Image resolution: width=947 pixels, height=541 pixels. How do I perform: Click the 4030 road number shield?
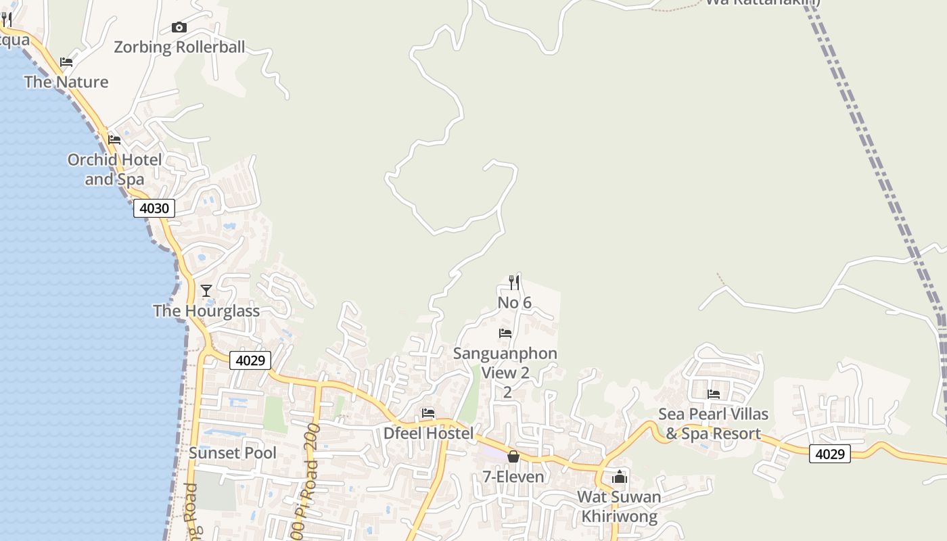(154, 208)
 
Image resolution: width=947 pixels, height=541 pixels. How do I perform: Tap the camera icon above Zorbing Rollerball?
(179, 27)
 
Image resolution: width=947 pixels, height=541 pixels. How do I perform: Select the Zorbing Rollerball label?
(179, 47)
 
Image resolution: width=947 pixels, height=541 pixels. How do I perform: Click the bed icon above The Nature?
(66, 62)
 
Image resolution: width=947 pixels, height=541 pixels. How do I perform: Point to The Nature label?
(66, 82)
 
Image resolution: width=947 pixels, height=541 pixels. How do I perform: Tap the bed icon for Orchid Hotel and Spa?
(114, 140)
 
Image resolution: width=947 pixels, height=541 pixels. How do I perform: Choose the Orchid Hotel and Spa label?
(114, 170)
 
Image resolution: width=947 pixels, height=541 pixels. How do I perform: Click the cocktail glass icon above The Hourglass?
(206, 291)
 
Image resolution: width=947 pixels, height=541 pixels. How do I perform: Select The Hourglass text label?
(206, 311)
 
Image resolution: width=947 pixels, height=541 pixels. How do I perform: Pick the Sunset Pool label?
(233, 453)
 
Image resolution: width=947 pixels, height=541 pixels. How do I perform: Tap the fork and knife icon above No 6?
(514, 282)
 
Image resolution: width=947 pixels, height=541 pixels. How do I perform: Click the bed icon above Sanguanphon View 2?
(505, 333)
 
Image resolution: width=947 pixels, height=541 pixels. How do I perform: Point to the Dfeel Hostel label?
(429, 433)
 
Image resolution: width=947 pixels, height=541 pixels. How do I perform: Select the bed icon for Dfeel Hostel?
(428, 413)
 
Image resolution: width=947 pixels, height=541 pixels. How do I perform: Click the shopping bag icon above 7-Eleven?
(513, 456)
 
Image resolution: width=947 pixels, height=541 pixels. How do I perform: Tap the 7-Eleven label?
(513, 477)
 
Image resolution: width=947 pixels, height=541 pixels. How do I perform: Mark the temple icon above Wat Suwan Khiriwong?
(620, 477)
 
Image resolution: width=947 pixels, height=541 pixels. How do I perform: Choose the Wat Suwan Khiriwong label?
(619, 507)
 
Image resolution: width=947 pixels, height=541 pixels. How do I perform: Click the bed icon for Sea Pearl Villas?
(714, 394)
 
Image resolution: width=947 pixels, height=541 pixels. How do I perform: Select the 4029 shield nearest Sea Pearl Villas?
(829, 454)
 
